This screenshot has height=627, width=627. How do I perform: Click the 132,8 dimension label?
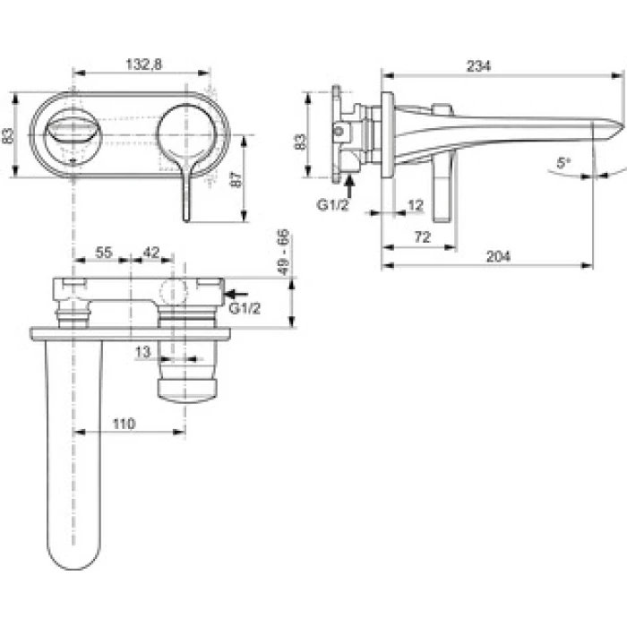coord(144,64)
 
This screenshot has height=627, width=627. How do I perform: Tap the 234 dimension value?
coord(478,66)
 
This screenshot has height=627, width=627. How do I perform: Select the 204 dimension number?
coord(498,256)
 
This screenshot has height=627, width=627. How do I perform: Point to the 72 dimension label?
coord(422,237)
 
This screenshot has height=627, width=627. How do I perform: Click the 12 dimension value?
coord(416,205)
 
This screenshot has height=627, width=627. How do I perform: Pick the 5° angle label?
coord(563,163)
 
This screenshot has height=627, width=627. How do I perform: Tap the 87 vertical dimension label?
coord(236,179)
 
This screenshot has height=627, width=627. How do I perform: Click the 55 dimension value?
coord(104,253)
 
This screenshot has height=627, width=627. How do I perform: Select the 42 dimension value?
coord(150,253)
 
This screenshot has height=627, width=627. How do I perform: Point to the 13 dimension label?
coord(142,352)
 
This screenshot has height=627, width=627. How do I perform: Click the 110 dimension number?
coord(124,424)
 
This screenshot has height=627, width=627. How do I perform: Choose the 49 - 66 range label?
coord(284,252)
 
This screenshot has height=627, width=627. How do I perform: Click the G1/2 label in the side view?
coord(332,205)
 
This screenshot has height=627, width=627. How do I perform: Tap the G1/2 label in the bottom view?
coord(245,308)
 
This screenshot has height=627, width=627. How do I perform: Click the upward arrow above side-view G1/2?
coord(349,185)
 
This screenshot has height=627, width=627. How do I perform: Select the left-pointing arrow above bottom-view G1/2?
coord(236,295)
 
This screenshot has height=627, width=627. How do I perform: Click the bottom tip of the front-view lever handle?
coord(186,220)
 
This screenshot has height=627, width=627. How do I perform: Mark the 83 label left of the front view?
coord(7,134)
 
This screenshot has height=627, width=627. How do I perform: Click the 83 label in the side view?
coord(300,142)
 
